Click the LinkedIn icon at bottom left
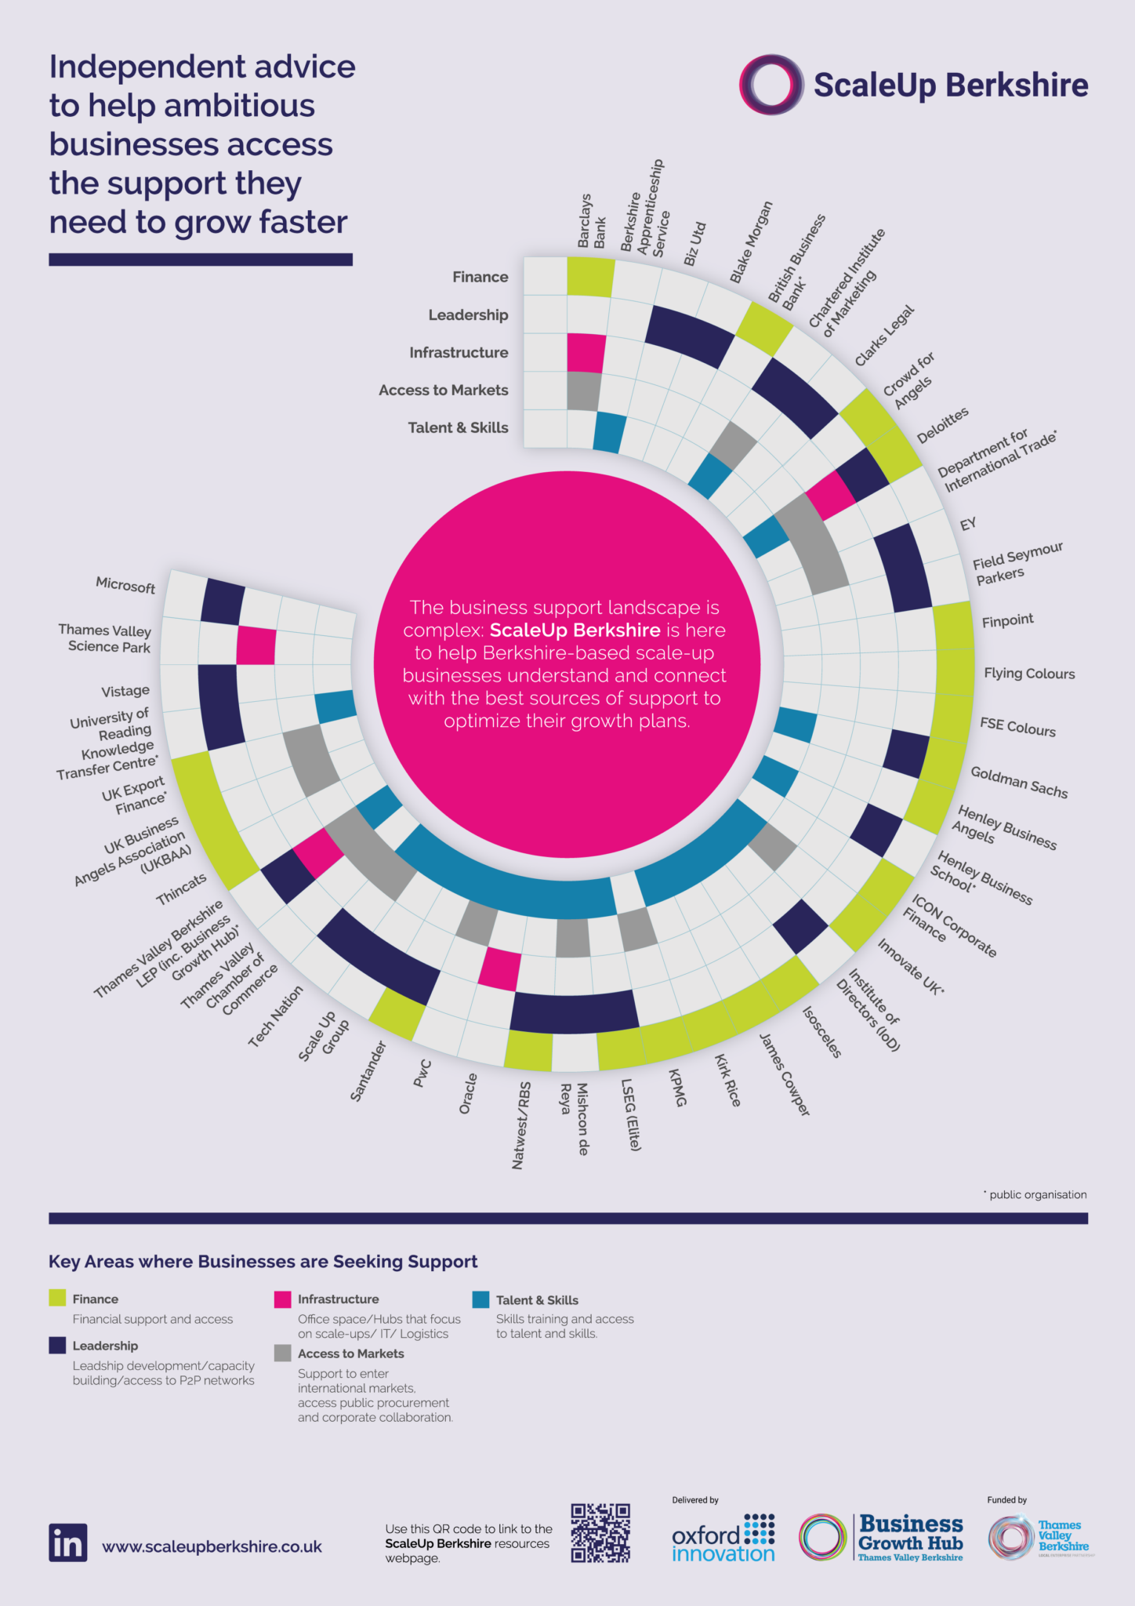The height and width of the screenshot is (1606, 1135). pyautogui.click(x=67, y=1542)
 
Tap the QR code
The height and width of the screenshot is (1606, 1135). pyautogui.click(x=600, y=1532)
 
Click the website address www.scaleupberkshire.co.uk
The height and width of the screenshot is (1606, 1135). pyautogui.click(x=212, y=1546)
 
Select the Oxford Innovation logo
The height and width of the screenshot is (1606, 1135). pyautogui.click(x=723, y=1539)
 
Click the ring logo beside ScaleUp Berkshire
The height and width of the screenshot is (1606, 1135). pyautogui.click(x=771, y=85)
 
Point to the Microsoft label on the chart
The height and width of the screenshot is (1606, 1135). pyautogui.click(x=125, y=585)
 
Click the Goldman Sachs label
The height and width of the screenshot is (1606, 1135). pyautogui.click(x=1019, y=782)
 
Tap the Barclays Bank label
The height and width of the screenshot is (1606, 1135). pyautogui.click(x=591, y=221)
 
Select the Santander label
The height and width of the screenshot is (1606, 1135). pyautogui.click(x=368, y=1071)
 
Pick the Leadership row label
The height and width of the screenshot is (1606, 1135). pyautogui.click(x=468, y=315)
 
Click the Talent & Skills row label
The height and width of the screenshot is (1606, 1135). pyautogui.click(x=458, y=428)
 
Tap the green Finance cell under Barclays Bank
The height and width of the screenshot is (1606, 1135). pyautogui.click(x=589, y=277)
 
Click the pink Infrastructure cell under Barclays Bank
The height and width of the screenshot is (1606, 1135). pyautogui.click(x=586, y=353)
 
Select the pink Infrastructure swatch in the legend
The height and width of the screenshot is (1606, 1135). pyautogui.click(x=282, y=1299)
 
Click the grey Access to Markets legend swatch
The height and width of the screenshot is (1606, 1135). pyautogui.click(x=282, y=1353)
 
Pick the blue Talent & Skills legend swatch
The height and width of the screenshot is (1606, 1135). pyautogui.click(x=480, y=1299)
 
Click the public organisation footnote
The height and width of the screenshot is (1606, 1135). pyautogui.click(x=1035, y=1194)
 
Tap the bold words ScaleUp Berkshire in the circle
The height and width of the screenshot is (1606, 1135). pyautogui.click(x=575, y=630)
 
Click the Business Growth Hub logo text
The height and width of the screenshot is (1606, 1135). pyautogui.click(x=911, y=1533)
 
